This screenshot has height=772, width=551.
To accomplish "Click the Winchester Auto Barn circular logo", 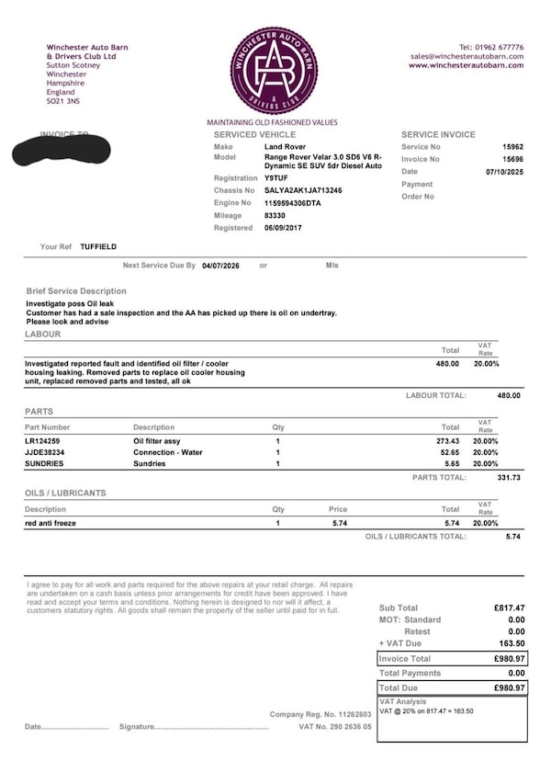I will pyautogui.click(x=273, y=71).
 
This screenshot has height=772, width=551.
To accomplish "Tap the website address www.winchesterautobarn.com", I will pyautogui.click(x=466, y=65).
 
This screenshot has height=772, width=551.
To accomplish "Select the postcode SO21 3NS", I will pyautogui.click(x=64, y=102).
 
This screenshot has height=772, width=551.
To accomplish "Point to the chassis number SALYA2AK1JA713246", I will pyautogui.click(x=303, y=190).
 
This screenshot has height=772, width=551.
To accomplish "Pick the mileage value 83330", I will pyautogui.click(x=275, y=215).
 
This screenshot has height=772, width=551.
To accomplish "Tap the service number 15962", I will pyautogui.click(x=512, y=147).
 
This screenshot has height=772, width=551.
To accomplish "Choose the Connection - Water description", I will pyautogui.click(x=168, y=452).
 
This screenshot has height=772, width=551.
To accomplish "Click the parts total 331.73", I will pyautogui.click(x=508, y=477).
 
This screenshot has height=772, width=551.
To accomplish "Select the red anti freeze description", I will pyautogui.click(x=51, y=522).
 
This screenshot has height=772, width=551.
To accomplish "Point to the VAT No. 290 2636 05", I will pyautogui.click(x=336, y=726).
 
